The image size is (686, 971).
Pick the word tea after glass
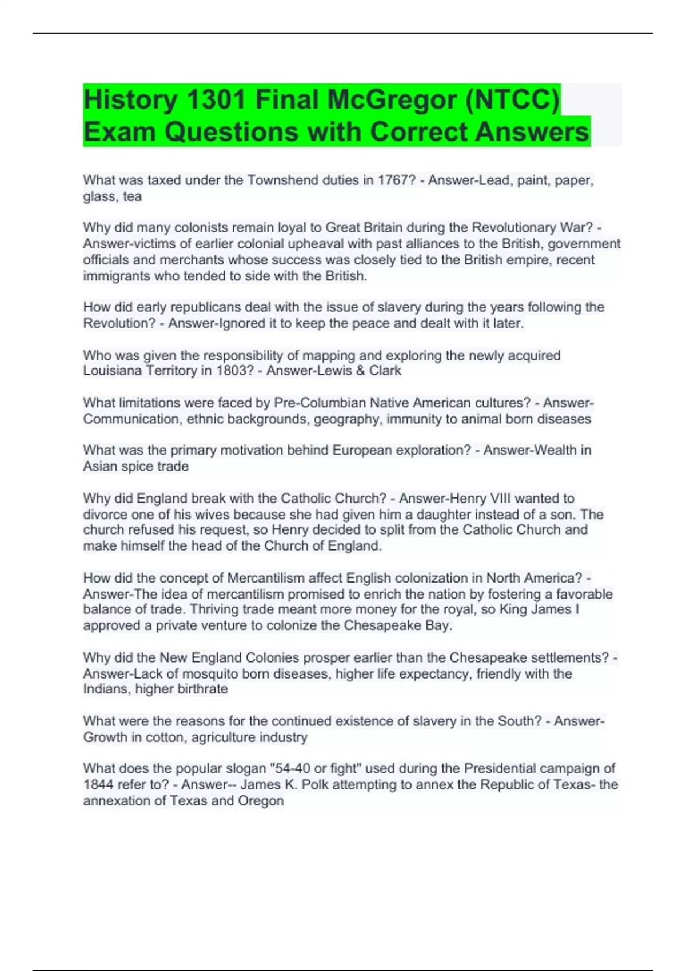point(133,196)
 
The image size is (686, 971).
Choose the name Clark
point(385,371)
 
